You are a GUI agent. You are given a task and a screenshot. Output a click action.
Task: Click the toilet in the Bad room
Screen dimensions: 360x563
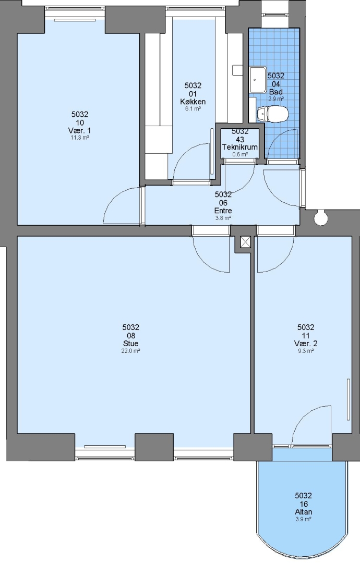click(x=273, y=114)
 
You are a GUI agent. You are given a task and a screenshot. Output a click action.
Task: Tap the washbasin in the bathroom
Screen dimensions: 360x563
click(x=258, y=80)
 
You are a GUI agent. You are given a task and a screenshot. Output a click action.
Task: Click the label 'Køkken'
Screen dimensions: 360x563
click(x=193, y=102)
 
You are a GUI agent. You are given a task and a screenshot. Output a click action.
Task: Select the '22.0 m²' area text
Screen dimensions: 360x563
click(x=131, y=351)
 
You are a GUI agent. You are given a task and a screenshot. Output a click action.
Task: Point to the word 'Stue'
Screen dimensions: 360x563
click(x=131, y=343)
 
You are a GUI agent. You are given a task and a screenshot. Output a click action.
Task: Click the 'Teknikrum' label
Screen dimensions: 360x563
click(x=240, y=147)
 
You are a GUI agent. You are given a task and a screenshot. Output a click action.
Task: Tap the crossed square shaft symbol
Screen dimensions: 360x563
click(x=245, y=242)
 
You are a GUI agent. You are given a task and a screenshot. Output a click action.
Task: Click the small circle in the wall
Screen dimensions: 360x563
click(x=320, y=218)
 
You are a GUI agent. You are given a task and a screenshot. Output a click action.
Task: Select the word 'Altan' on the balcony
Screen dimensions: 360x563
click(x=304, y=512)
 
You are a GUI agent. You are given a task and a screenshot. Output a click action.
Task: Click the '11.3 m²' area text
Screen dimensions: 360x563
click(x=80, y=138)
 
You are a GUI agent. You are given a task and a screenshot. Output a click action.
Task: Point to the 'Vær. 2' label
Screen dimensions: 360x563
click(x=306, y=343)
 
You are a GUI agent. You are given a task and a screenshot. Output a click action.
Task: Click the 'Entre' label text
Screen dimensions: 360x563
click(x=223, y=211)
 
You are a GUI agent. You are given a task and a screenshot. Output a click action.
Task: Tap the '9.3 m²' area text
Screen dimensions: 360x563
click(x=306, y=351)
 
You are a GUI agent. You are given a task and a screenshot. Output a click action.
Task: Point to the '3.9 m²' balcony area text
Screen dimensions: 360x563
click(x=304, y=519)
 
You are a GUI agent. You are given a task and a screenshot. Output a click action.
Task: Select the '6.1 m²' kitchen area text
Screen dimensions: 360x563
click(x=193, y=109)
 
